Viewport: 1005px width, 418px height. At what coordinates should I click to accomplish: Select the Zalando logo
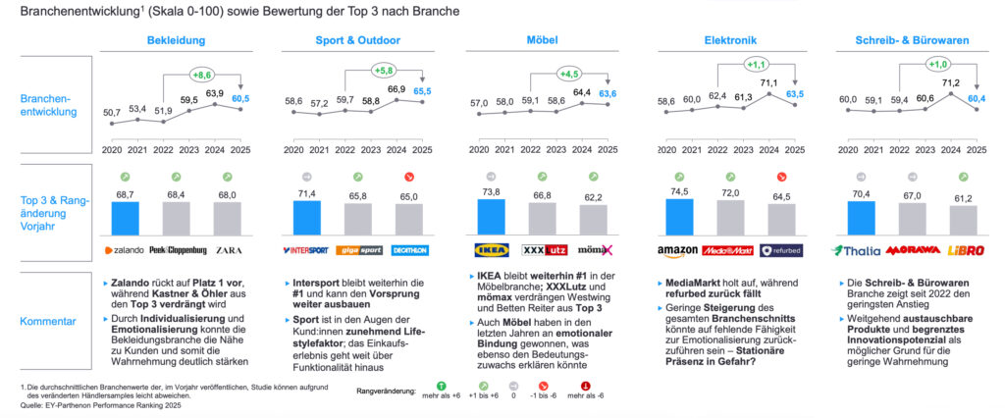point(126,250)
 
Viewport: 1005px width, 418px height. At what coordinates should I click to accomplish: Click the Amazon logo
point(677,250)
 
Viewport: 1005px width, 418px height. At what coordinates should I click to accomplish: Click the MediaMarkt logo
point(725,250)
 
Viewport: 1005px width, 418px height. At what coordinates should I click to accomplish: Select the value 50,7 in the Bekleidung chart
point(111,114)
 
